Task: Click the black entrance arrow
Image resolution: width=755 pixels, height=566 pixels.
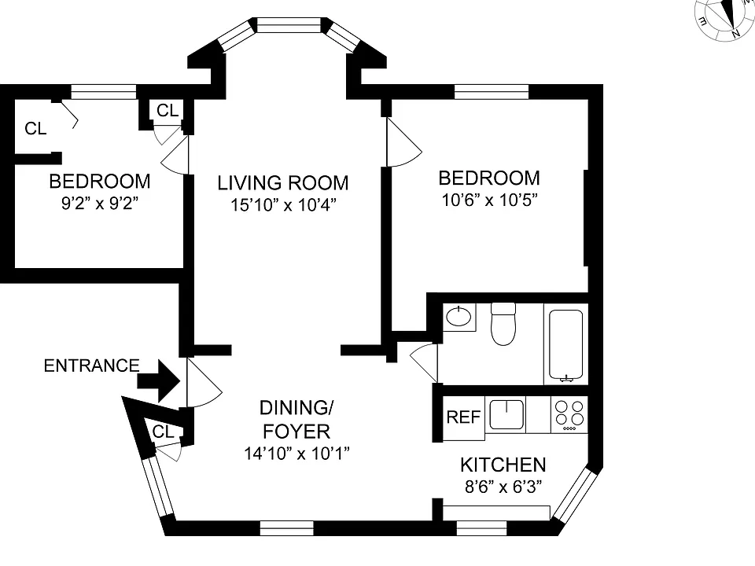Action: point(159,380)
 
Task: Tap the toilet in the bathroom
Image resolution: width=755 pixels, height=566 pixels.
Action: point(503,324)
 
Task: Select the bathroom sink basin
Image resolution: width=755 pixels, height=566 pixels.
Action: point(459,317)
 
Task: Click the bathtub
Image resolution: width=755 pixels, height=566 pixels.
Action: point(565,344)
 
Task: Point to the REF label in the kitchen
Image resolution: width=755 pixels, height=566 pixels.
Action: point(463,417)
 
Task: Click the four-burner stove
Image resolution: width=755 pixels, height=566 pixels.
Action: point(569,414)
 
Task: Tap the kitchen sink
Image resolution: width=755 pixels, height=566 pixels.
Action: point(506,414)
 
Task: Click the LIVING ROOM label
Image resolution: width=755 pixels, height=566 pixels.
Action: point(283,183)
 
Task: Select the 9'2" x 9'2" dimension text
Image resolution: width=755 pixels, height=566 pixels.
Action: point(100,204)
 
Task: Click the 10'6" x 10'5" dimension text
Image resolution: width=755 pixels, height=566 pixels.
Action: point(489,200)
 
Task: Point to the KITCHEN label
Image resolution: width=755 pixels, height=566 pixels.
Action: point(503,465)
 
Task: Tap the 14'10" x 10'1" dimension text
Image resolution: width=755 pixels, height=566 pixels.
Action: point(296,454)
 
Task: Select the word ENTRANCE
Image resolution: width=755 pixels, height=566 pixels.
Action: point(91,366)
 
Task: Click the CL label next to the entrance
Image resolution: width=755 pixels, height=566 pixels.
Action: point(163,432)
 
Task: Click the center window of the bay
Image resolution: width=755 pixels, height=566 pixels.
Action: point(289,25)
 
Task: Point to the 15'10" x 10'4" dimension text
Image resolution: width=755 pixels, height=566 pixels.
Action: point(283,205)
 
